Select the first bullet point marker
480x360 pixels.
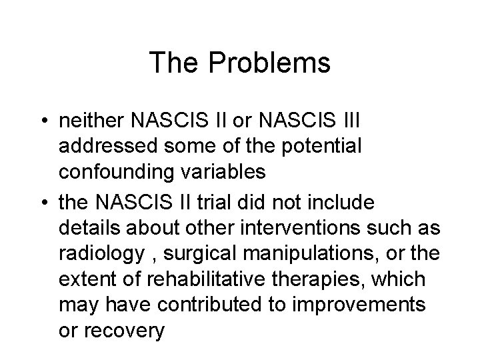coord(43,122)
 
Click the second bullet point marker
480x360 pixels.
coord(43,202)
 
